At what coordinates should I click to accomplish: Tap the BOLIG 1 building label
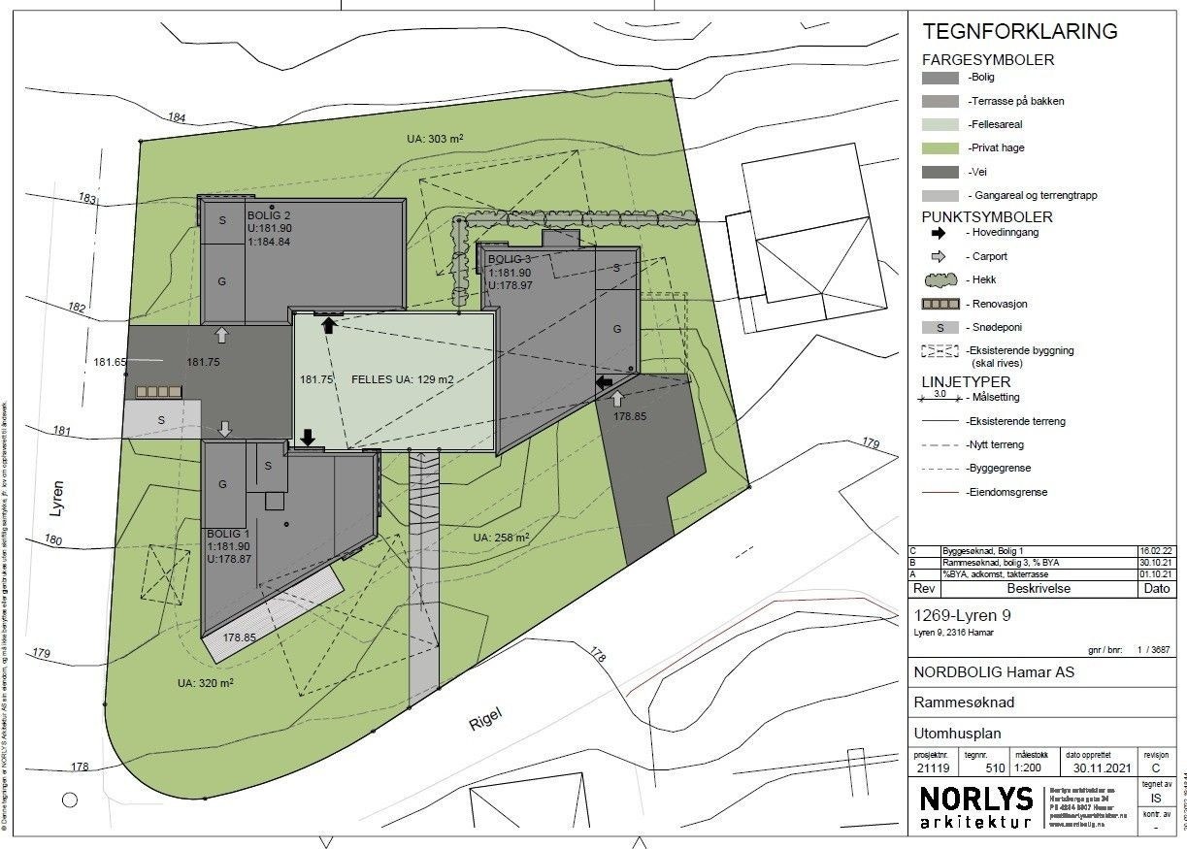click(229, 535)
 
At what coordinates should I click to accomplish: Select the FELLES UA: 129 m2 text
click(402, 379)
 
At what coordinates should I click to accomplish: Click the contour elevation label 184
click(176, 118)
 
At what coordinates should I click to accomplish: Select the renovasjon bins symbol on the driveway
click(159, 391)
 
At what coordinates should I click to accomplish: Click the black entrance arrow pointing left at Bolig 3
click(604, 382)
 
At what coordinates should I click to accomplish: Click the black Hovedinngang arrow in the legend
click(939, 234)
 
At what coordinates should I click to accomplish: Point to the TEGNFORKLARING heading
click(1019, 31)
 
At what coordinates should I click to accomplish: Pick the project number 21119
click(934, 767)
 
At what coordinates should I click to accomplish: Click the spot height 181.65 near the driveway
click(111, 362)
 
